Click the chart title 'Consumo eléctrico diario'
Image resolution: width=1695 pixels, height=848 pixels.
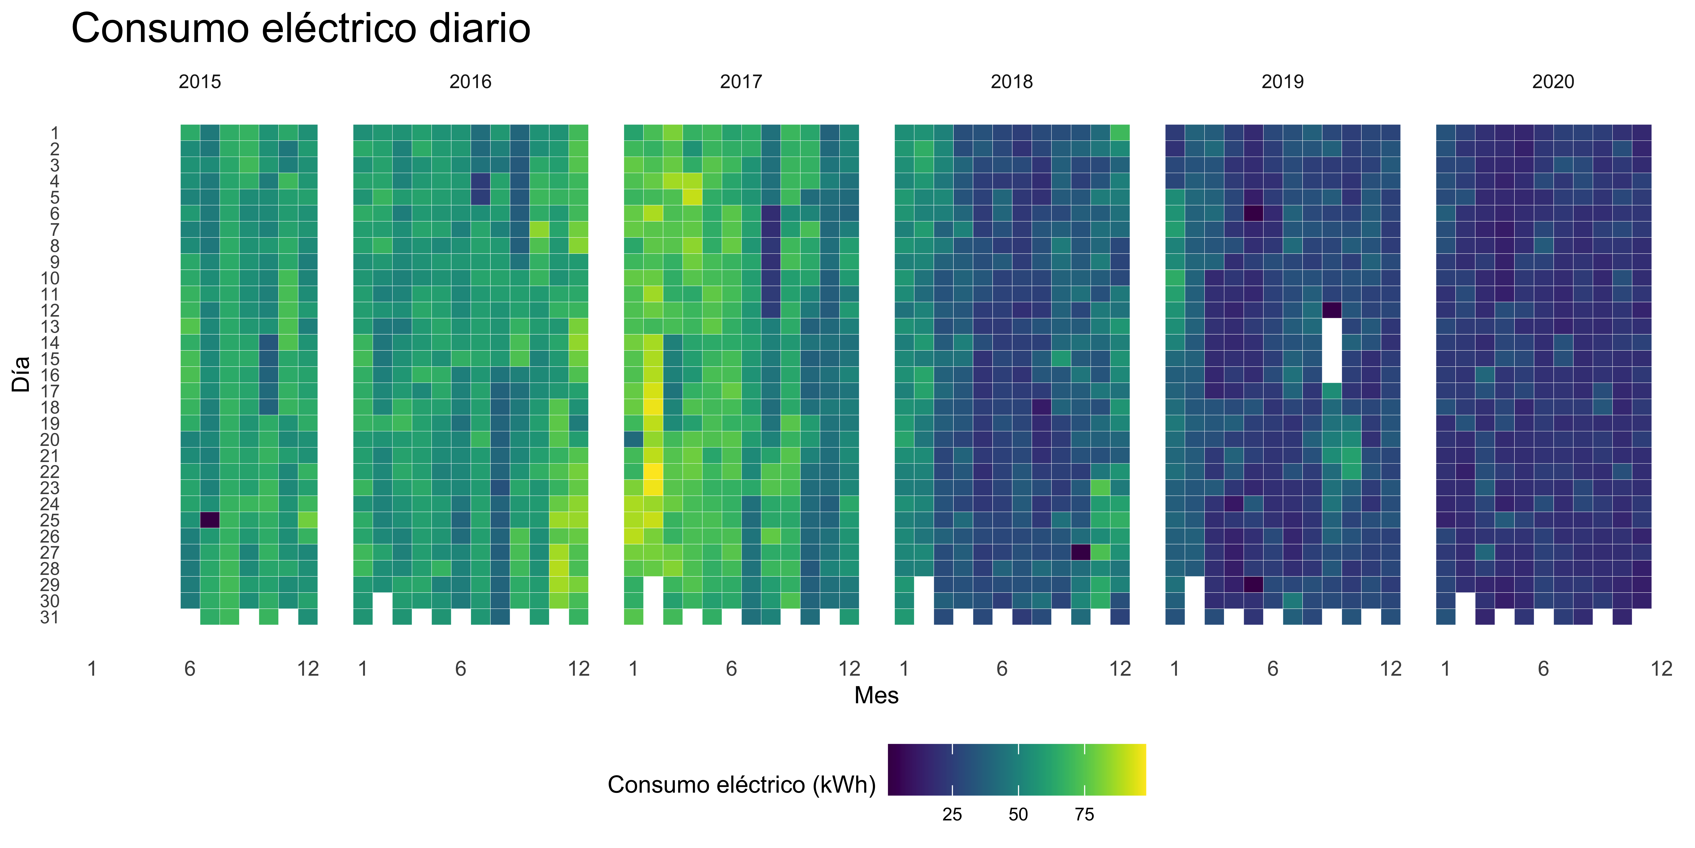pyautogui.click(x=301, y=29)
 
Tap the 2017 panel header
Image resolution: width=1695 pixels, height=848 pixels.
pyautogui.click(x=741, y=82)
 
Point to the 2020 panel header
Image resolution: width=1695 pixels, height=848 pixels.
pyautogui.click(x=1553, y=82)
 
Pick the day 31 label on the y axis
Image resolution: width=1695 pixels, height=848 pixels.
pyautogui.click(x=49, y=617)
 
